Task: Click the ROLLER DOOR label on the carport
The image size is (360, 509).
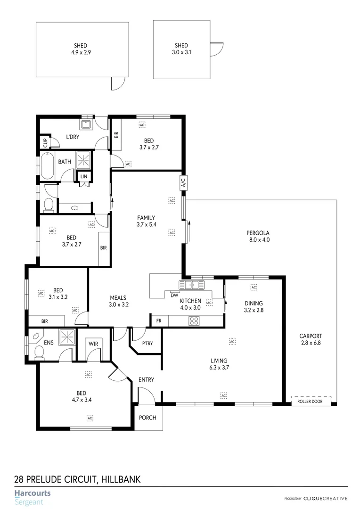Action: point(310,402)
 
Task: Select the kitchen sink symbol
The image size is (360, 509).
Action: point(192,285)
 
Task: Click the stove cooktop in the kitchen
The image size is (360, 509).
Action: point(194,321)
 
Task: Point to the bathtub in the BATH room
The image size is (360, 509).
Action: point(48,165)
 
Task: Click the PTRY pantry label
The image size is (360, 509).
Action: point(147,343)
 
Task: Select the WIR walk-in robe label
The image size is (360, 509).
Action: point(93,344)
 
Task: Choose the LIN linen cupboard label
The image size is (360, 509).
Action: point(84,176)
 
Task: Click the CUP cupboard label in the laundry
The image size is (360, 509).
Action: point(45,141)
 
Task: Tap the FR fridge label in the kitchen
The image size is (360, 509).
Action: point(159,320)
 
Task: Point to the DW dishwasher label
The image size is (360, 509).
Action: point(174,296)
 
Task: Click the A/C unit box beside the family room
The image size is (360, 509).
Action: point(183,182)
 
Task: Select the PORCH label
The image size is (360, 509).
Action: point(147,418)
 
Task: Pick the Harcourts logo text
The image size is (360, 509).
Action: point(32,493)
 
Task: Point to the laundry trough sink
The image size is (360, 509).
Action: point(85,124)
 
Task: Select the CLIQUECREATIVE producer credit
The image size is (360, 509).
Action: point(325,498)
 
